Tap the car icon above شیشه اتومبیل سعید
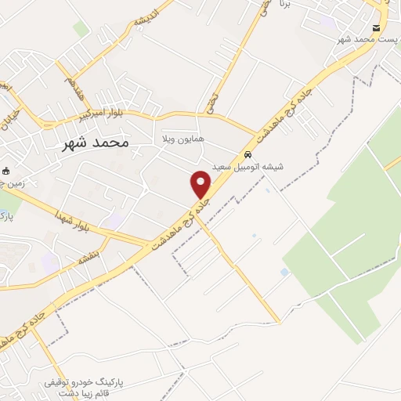(247, 154)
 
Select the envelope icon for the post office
(377, 27)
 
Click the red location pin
(201, 184)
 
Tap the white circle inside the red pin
(201, 179)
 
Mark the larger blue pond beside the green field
(284, 272)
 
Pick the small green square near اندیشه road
(81, 30)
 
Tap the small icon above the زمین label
(7, 171)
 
